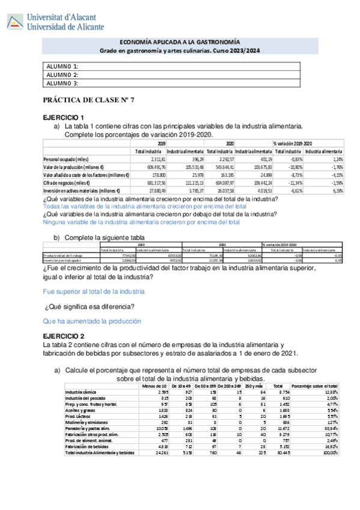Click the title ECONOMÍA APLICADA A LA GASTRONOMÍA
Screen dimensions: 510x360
(180, 43)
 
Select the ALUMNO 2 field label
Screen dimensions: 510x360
(63, 75)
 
